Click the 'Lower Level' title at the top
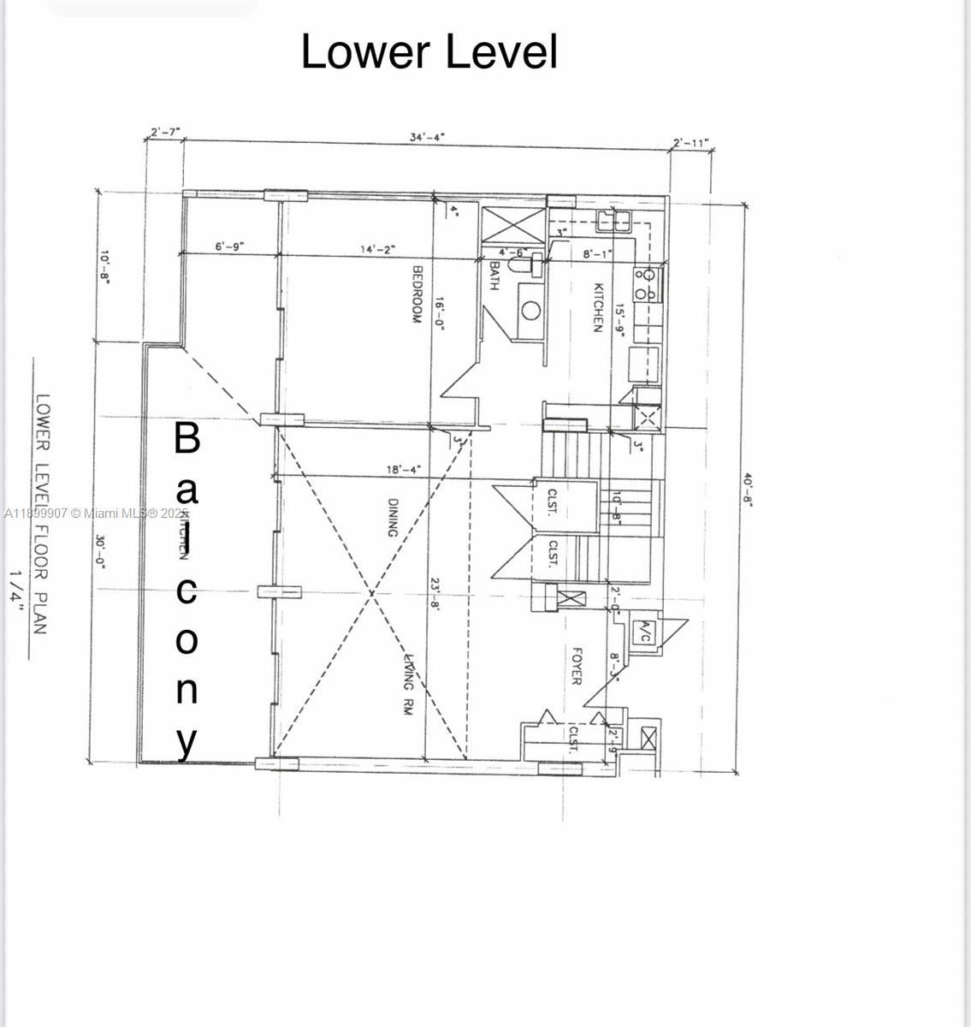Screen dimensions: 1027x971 (429, 52)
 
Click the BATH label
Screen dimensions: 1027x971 (494, 276)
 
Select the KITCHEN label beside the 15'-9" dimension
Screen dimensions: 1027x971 (599, 307)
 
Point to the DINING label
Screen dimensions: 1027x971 (393, 517)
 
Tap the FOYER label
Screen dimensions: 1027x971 (576, 666)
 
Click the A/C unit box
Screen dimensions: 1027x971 (644, 634)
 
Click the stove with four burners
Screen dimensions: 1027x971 (648, 283)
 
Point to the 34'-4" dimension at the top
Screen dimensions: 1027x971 (427, 137)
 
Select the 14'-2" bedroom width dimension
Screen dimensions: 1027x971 (377, 249)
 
